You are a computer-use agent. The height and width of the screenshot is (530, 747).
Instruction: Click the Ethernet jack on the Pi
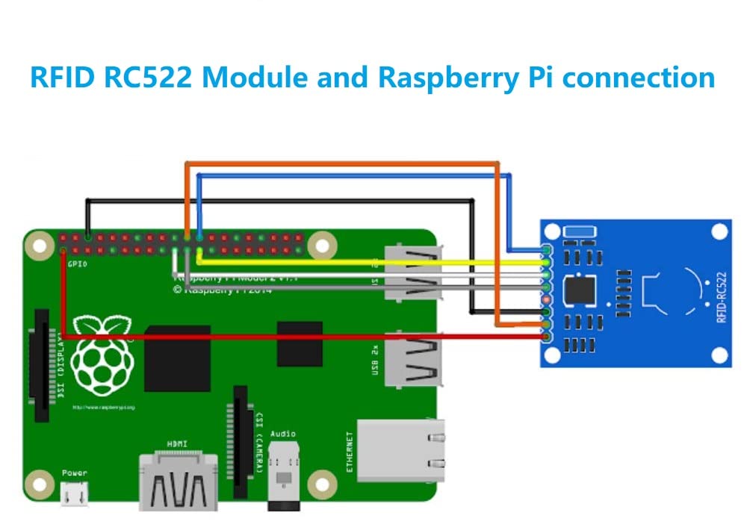[400, 451]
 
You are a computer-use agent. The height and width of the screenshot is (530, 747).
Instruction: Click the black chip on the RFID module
[580, 289]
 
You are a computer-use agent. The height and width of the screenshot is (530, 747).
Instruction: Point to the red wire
[299, 337]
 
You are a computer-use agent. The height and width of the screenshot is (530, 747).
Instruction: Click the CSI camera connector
[240, 441]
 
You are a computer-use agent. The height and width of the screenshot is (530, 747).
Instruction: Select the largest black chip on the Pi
[177, 358]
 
